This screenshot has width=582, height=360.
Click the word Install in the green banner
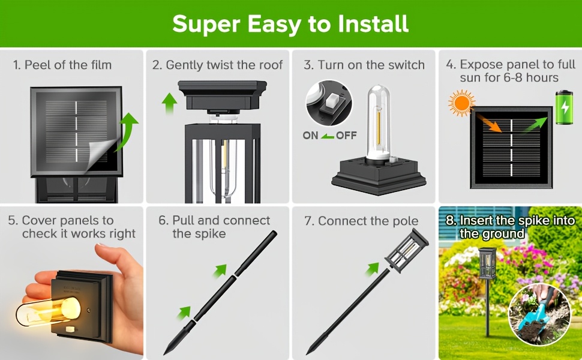click(x=373, y=24)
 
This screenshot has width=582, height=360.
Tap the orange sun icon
click(x=461, y=103)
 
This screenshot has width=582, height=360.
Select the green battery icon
click(x=564, y=107)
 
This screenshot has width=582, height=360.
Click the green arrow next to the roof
click(x=169, y=103)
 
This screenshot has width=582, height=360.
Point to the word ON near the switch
click(x=310, y=136)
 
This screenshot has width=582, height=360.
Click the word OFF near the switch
click(x=346, y=136)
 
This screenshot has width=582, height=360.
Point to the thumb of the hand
click(x=37, y=282)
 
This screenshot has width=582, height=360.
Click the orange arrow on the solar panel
click(x=489, y=123)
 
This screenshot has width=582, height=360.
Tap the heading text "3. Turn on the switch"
click(x=364, y=65)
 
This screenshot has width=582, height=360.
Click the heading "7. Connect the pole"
click(x=361, y=221)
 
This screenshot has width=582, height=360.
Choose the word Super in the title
click(x=207, y=25)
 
